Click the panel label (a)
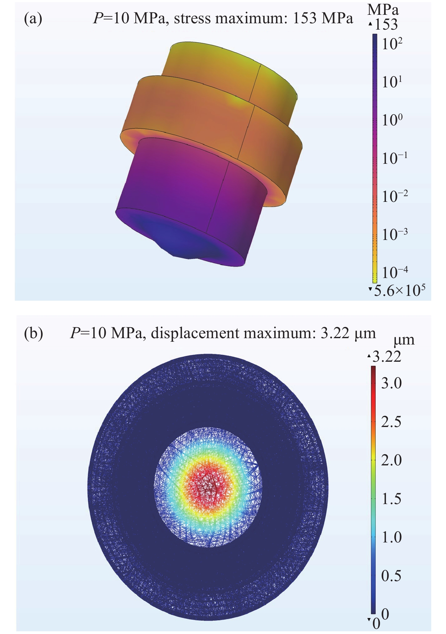click(33, 19)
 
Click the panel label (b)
click(33, 333)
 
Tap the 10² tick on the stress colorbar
click(392, 44)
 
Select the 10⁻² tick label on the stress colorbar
click(395, 196)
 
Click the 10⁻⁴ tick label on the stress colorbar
click(395, 272)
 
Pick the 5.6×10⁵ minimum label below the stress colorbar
click(399, 290)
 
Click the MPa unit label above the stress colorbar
click(383, 10)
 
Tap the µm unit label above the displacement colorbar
click(404, 340)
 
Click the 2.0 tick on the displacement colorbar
click(391, 460)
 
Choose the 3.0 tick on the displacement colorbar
click(391, 383)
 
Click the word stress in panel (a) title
click(192, 19)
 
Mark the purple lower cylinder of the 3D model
click(181, 187)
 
